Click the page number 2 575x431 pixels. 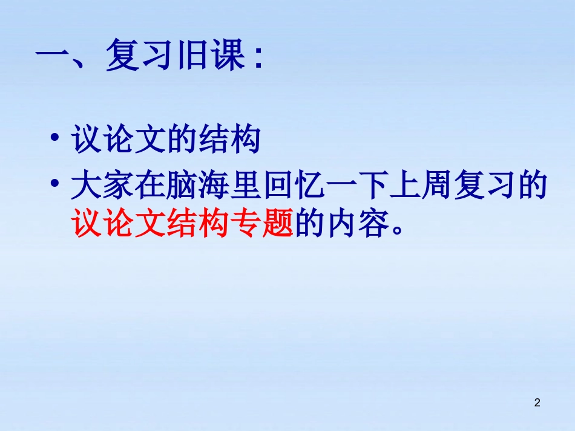[x=537, y=403]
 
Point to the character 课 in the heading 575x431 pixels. [x=224, y=57]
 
